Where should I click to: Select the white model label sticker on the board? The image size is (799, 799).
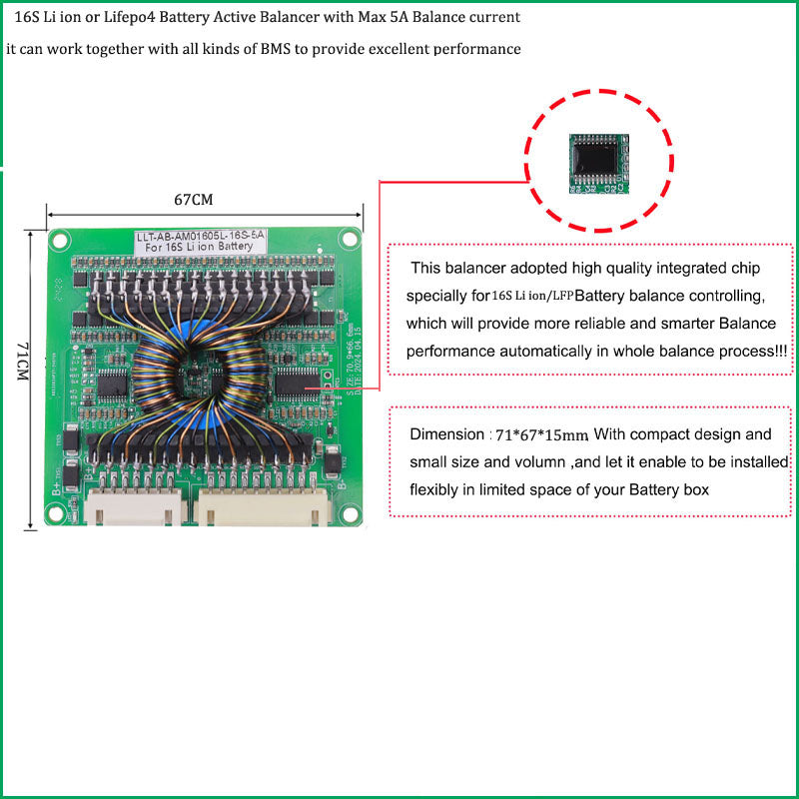200,241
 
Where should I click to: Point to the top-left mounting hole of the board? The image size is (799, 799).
60,239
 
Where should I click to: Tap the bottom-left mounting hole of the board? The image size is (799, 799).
55,518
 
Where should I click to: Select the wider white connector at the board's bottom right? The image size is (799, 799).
265,509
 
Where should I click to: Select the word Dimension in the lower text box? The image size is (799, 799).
445,435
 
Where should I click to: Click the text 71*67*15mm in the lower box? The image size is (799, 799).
541,435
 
